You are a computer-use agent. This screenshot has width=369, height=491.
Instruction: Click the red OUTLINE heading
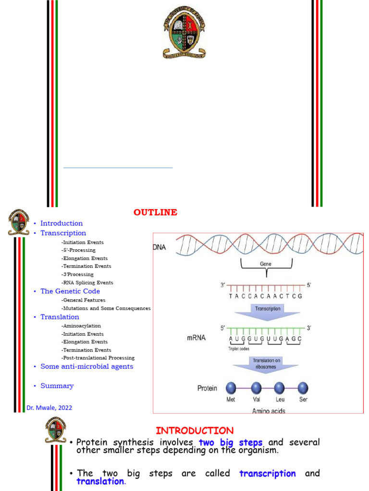point(155,212)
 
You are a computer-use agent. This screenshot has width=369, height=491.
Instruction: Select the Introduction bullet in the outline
point(61,223)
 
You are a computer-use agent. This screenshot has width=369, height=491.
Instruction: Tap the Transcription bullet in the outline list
point(63,233)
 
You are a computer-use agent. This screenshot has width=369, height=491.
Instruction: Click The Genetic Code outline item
point(70,291)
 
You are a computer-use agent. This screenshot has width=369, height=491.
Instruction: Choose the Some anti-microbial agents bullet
point(86,366)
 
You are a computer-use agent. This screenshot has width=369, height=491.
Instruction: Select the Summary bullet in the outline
point(57,386)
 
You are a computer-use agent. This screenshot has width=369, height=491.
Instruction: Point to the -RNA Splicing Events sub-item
point(87,283)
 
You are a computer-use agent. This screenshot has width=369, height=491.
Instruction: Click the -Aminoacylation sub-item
point(81,326)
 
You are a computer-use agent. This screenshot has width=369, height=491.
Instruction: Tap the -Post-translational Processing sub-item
point(98,358)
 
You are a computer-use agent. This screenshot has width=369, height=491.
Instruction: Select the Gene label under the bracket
point(266,264)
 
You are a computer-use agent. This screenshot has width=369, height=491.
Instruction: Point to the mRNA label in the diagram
point(196,338)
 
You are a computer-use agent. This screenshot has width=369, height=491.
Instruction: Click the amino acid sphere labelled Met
point(231,388)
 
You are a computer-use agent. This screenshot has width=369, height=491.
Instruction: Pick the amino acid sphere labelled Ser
point(303,388)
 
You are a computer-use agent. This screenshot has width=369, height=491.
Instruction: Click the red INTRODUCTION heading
point(195,431)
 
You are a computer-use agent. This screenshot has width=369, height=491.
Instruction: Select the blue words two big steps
point(231,442)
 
